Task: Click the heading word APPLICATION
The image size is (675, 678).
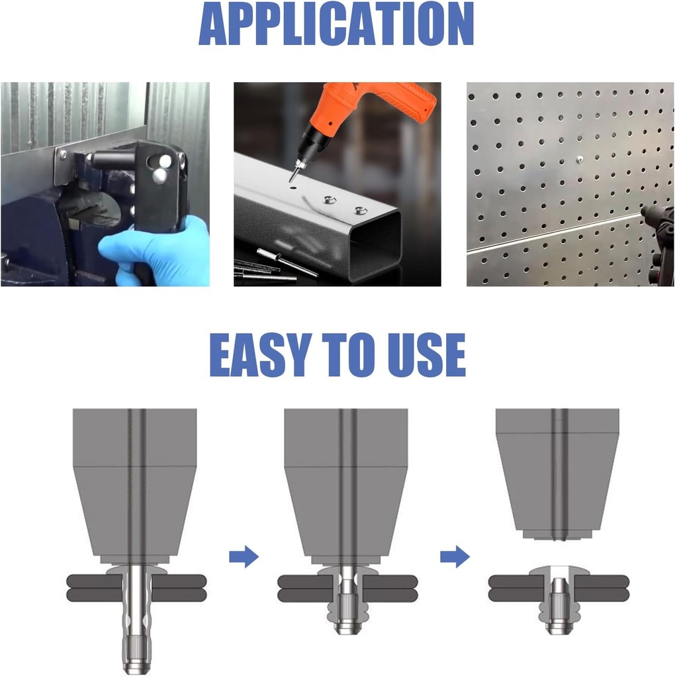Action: tap(336, 24)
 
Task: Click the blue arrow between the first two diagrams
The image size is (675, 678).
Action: tap(244, 556)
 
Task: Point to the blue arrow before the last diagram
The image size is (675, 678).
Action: tap(455, 556)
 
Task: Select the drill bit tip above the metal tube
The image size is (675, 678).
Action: tap(291, 180)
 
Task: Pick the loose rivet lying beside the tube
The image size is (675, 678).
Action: tap(287, 262)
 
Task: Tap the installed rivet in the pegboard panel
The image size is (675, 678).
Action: tap(580, 160)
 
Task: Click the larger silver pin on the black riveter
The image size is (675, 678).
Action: tap(159, 175)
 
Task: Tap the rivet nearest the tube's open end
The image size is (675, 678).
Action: tap(359, 211)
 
